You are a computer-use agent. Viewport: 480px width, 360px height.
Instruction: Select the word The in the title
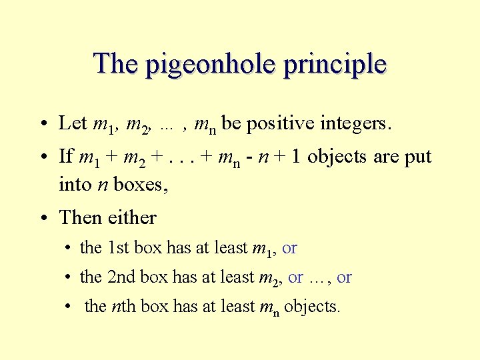pyautogui.click(x=117, y=63)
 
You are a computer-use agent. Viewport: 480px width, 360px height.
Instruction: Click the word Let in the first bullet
pyautogui.click(x=73, y=123)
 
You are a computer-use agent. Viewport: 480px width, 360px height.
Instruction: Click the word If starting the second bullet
pyautogui.click(x=66, y=157)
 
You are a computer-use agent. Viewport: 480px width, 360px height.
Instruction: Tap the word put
pyautogui.click(x=417, y=157)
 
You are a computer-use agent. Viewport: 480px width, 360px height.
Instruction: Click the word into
pyautogui.click(x=75, y=184)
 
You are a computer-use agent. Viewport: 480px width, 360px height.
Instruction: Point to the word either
pyautogui.click(x=134, y=217)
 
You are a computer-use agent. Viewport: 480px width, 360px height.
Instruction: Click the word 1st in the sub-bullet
pyautogui.click(x=118, y=248)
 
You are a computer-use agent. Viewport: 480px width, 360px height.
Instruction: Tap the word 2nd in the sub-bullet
pyautogui.click(x=121, y=277)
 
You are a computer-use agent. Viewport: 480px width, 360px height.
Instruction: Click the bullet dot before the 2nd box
pyautogui.click(x=69, y=277)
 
